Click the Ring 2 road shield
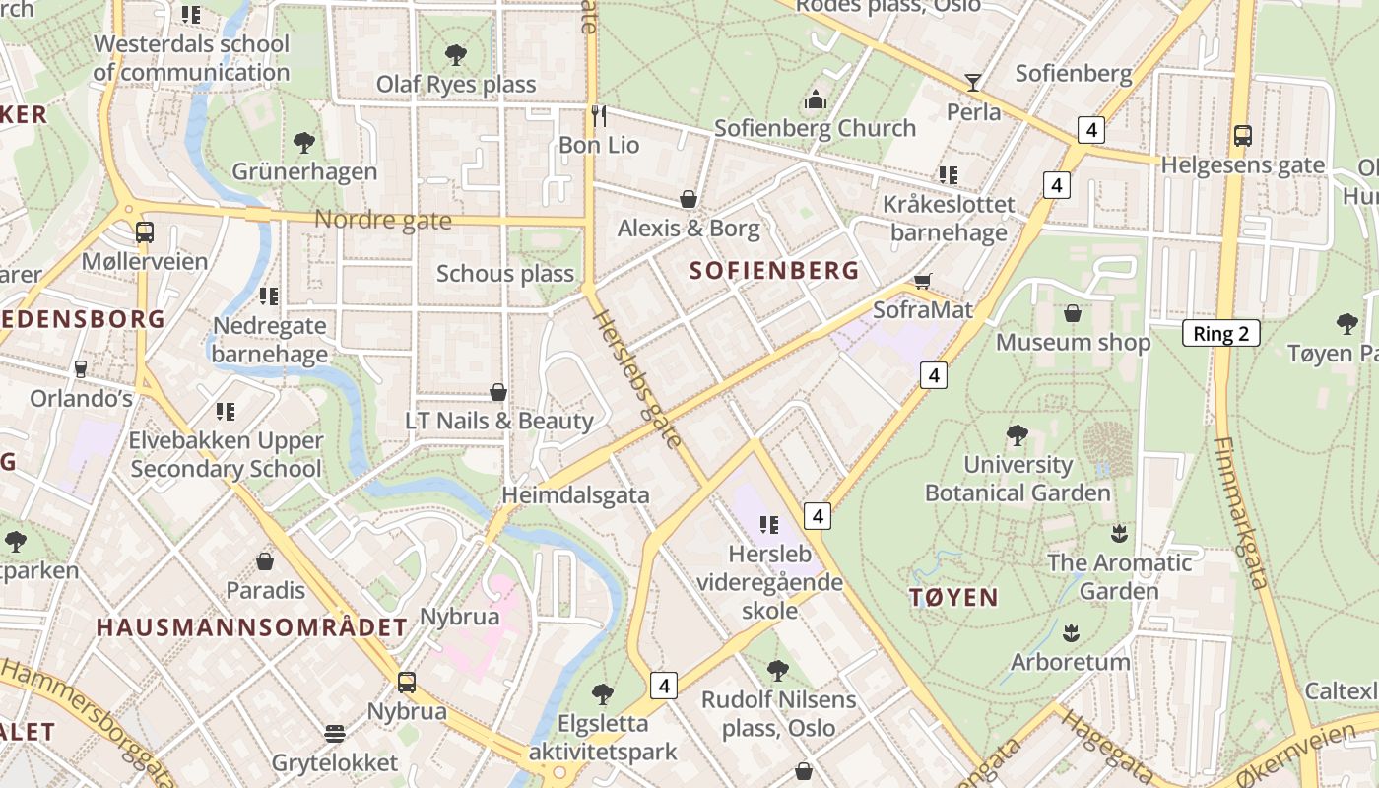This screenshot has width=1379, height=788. tap(1220, 333)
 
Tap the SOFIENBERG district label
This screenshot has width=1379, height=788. tap(774, 270)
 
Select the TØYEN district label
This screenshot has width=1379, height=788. tap(953, 597)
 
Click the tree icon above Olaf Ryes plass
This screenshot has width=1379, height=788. tap(455, 54)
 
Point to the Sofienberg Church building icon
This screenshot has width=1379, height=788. tap(815, 99)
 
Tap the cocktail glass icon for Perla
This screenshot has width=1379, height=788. tap(973, 83)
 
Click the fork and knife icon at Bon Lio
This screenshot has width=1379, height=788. tap(599, 115)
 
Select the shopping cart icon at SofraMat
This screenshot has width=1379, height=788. tap(923, 282)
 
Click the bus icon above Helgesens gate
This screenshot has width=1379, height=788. tap(1242, 135)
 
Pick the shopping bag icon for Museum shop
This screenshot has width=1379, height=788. tap(1073, 313)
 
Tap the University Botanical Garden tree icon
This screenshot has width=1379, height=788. tap(1017, 434)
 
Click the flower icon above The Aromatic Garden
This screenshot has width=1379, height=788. tap(1118, 534)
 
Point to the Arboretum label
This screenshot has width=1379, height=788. tap(1071, 661)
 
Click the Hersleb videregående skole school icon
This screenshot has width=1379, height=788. tap(769, 525)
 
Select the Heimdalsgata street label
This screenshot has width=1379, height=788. tap(575, 495)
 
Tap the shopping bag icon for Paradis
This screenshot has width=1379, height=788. tap(265, 561)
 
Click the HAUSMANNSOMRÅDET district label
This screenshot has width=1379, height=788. tap(252, 627)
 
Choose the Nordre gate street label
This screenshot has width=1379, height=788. tap(382, 221)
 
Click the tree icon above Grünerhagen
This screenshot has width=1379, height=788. tap(304, 142)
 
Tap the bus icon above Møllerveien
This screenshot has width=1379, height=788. tap(145, 232)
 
